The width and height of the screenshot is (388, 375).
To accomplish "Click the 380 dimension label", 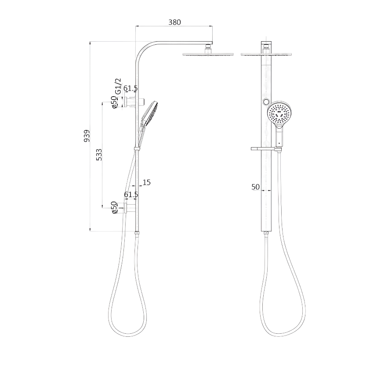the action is tap(175, 22).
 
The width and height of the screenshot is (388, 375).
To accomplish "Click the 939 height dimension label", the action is tap(87, 136).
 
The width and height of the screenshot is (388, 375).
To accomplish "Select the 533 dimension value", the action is tap(99, 155).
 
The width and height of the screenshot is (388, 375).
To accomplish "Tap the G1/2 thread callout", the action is tap(119, 86).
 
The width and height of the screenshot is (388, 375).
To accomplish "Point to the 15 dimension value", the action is tap(146, 182).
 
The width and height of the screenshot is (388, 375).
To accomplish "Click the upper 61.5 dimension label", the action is tap(131, 88).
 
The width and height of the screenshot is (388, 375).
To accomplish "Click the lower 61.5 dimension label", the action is tap(131, 195).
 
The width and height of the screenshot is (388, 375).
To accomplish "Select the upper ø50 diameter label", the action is tap(114, 102).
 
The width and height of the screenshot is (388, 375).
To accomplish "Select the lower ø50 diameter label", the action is tap(114, 208).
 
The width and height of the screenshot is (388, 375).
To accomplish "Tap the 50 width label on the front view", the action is tap(256, 187).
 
